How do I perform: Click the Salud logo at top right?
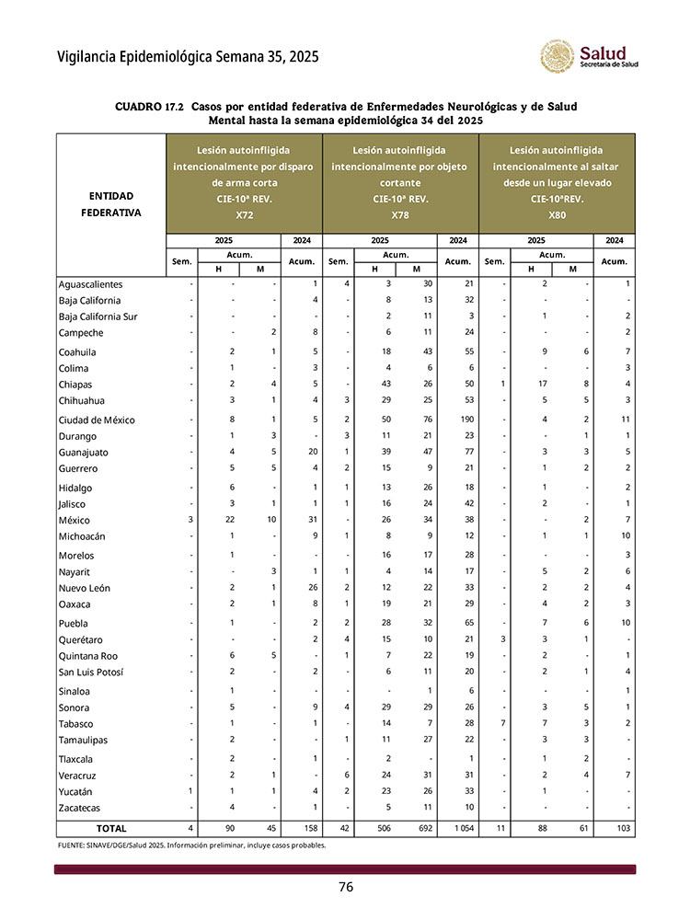[x=589, y=57]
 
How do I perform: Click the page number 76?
[x=345, y=887]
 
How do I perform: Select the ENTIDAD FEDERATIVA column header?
[x=110, y=204]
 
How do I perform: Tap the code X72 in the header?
[x=244, y=215]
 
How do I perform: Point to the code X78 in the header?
[x=400, y=215]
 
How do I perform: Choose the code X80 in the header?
[x=557, y=215]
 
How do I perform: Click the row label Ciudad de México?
[x=97, y=420]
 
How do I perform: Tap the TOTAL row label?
[x=111, y=829]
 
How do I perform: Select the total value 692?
[x=417, y=829]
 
